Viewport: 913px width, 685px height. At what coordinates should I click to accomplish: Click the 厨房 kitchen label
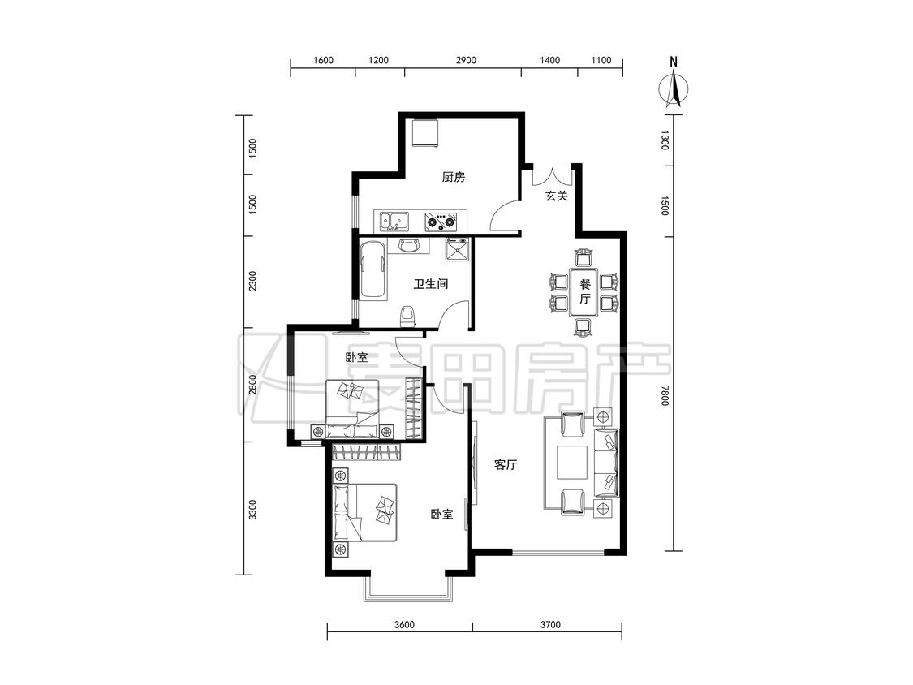coord(453,177)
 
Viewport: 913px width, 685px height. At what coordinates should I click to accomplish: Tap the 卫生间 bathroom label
coord(431,284)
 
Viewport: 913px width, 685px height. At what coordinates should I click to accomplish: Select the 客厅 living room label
coord(506,465)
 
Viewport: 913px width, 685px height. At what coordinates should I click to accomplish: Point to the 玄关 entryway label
coord(556,196)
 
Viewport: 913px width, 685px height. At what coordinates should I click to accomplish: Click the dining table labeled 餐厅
coord(584,292)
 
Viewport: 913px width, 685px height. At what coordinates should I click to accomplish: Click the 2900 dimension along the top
coord(466,60)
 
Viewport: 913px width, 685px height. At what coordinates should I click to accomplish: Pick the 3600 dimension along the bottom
coord(404,625)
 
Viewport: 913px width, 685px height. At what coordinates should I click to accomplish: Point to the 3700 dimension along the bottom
coord(550,625)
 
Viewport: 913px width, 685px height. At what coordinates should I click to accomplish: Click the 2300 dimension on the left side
coord(252,282)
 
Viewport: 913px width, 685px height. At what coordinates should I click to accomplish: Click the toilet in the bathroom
coord(408,317)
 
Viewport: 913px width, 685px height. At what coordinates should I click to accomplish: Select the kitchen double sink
coord(394,221)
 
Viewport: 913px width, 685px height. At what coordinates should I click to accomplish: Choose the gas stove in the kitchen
coord(441,221)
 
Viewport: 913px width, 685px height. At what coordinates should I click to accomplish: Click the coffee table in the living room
coord(572,463)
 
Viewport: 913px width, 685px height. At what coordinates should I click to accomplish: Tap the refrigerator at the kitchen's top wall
coord(424,133)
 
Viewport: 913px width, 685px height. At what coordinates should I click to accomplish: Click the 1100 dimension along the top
coord(601,60)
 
